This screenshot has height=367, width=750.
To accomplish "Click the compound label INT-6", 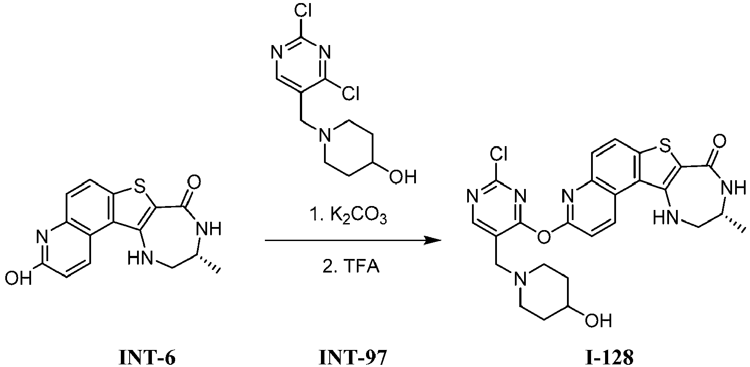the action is (147, 357).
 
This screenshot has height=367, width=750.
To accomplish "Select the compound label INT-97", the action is (352, 357).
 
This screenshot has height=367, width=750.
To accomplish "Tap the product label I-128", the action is (609, 357).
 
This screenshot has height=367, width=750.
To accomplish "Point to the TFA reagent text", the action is (351, 267).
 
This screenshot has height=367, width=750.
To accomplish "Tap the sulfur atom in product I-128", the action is (663, 144).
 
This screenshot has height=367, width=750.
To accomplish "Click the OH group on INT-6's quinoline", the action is (18, 278).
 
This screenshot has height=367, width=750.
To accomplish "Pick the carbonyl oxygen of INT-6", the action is (194, 182).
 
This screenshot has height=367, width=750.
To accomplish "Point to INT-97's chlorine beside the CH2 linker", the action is (351, 93).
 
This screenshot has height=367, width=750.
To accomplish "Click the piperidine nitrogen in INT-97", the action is (324, 136).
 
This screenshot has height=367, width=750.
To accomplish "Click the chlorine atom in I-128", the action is (499, 154).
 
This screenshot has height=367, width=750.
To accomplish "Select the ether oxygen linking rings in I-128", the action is (543, 237).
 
